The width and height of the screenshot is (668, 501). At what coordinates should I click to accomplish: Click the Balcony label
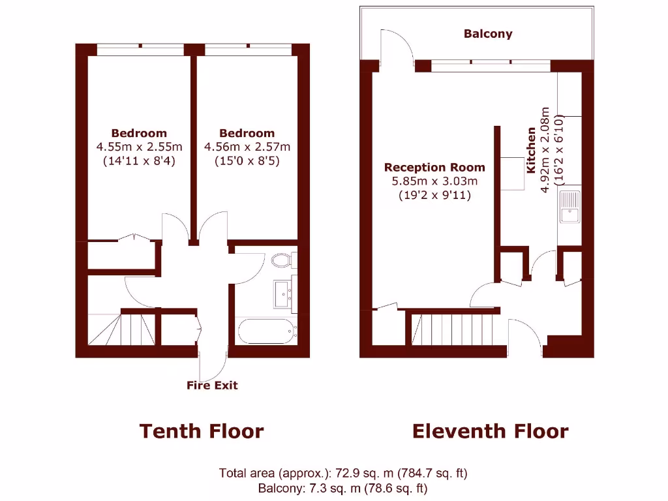(x=488, y=34)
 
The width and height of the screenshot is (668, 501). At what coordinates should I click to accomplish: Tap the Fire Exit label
(x=212, y=386)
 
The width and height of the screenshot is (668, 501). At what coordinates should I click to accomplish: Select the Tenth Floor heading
(x=202, y=431)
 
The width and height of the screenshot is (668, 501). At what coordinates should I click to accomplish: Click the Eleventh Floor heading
(x=490, y=431)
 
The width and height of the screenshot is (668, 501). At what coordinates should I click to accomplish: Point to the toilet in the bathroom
(x=282, y=260)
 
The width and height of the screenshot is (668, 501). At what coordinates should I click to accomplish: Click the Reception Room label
(x=434, y=168)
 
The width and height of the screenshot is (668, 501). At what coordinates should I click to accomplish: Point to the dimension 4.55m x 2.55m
(x=138, y=147)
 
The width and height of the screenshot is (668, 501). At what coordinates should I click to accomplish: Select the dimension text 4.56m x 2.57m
(x=247, y=147)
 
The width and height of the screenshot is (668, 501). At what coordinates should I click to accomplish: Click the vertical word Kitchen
(x=531, y=150)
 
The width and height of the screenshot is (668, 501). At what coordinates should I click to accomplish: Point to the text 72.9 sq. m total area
(x=343, y=473)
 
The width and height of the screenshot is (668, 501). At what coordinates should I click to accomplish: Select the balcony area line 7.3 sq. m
(x=343, y=487)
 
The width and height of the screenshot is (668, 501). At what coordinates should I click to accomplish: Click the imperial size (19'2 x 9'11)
(x=434, y=194)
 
